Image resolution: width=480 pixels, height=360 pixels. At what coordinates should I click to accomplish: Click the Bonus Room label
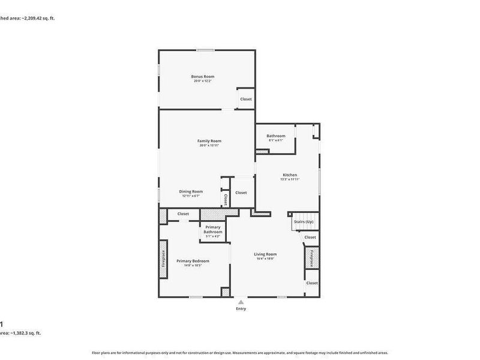(203, 77)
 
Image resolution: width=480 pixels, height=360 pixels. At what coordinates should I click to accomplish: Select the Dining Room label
(191, 191)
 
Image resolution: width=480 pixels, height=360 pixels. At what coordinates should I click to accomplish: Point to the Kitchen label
(290, 175)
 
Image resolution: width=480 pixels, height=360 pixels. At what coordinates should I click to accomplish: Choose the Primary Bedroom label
(193, 261)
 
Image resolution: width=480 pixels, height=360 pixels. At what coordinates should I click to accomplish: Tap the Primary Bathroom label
(212, 229)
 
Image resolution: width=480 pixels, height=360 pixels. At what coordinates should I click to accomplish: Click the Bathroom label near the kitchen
(276, 136)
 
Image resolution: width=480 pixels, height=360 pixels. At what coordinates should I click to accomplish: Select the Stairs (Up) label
(303, 222)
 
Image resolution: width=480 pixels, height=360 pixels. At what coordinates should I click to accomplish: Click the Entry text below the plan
(241, 309)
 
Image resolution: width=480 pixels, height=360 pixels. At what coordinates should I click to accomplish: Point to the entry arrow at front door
(241, 302)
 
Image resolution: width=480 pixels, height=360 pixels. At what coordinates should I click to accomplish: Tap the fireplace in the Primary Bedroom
(163, 259)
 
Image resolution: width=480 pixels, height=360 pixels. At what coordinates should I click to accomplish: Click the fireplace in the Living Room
(311, 258)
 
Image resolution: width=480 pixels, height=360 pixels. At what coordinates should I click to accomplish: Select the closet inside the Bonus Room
(246, 99)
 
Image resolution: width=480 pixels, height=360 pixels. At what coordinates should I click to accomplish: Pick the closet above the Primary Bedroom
(183, 214)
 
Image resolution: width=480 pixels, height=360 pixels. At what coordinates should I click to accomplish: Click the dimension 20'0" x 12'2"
(203, 81)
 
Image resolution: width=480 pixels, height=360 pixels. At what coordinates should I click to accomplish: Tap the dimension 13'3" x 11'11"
(290, 179)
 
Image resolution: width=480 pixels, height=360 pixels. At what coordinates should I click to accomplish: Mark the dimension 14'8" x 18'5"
(193, 265)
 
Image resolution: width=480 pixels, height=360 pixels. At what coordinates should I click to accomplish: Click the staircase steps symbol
(302, 215)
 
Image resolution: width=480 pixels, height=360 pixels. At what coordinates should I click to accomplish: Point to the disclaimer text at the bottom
(239, 353)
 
